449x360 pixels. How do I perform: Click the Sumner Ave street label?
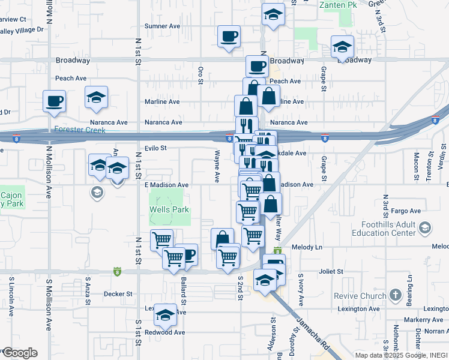point(163,26)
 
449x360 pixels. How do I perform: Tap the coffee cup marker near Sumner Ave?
point(229,36)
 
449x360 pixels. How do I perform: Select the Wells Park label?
point(169,210)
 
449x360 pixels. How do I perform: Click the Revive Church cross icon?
point(395,295)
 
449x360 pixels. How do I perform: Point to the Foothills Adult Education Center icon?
point(425,227)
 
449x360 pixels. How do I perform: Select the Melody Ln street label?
point(307,247)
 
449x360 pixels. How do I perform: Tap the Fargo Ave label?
point(406,211)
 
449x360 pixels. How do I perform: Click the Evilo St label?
point(155,148)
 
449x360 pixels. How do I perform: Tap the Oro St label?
point(201,75)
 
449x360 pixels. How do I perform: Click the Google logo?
point(19,353)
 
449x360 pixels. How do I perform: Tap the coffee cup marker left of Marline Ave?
point(54,100)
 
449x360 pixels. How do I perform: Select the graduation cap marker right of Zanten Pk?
point(342,46)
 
